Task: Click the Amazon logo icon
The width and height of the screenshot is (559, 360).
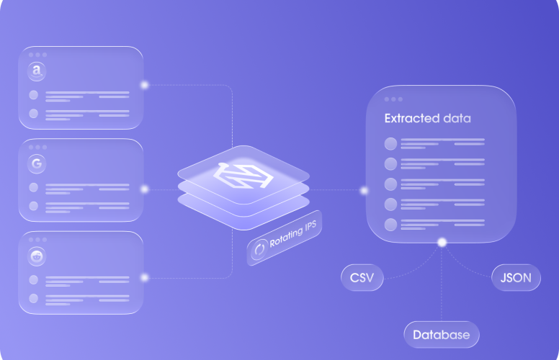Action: coord(37,71)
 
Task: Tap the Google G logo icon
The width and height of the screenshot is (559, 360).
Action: coord(37,164)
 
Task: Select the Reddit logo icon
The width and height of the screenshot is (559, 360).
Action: coord(37,256)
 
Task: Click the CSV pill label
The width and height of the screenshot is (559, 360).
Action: coord(362,278)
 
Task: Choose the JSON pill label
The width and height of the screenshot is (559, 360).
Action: coord(516,278)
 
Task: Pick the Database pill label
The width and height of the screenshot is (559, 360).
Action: coord(442,335)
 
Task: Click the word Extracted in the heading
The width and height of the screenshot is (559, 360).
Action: coord(412,118)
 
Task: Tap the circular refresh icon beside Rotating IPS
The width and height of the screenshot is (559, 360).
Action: coord(259,249)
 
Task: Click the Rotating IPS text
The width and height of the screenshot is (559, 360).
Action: coord(292,234)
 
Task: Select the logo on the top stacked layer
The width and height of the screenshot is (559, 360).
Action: coord(243,175)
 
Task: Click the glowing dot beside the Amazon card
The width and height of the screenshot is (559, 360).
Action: coord(144,85)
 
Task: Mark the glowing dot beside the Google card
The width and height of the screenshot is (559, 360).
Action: coord(144,189)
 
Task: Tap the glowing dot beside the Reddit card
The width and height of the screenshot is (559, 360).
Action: coord(144,277)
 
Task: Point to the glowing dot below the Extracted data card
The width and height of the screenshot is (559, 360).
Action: coord(442,243)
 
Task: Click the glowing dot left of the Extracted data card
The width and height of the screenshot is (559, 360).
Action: coord(364,191)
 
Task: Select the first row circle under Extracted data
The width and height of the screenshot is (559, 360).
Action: coord(390,144)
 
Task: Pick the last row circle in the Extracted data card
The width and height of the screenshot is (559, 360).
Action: coord(390,225)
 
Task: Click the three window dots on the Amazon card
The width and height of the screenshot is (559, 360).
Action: coord(37,55)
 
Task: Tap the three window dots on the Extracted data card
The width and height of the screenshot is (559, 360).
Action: coord(393,99)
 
